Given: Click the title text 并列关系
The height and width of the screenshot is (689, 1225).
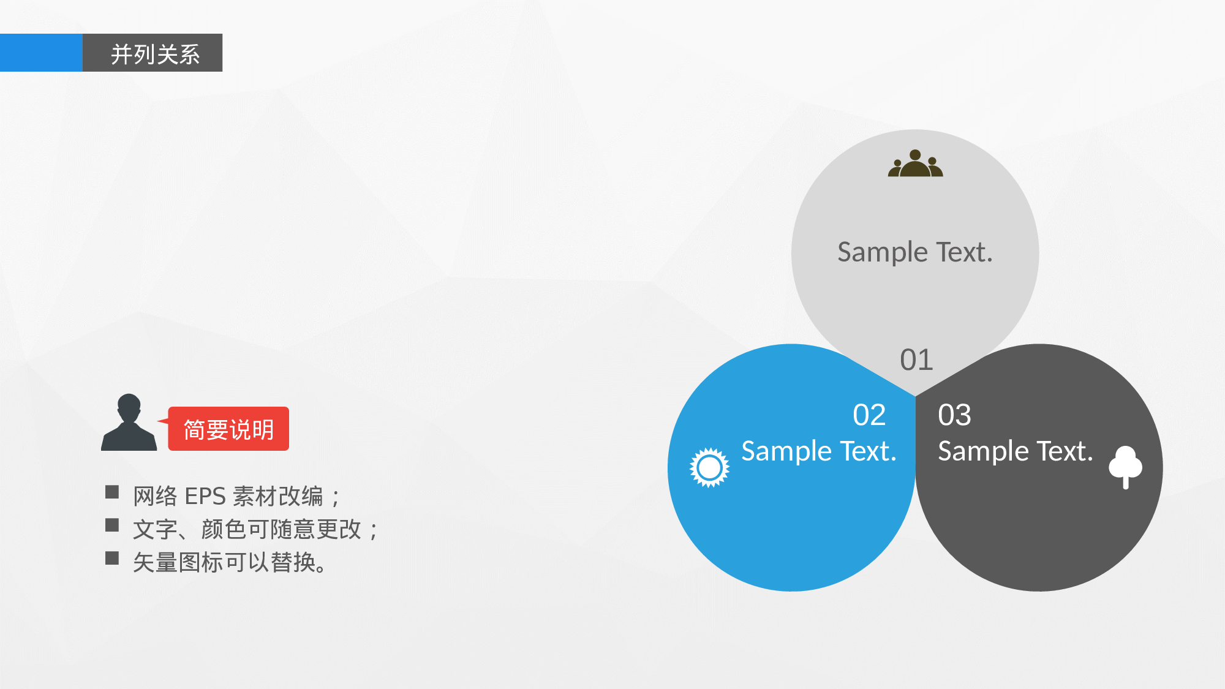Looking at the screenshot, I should coord(155,54).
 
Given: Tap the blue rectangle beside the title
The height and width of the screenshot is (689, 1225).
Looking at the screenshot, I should coord(41,53).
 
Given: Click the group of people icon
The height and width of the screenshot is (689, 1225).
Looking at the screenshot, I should coord(915,164).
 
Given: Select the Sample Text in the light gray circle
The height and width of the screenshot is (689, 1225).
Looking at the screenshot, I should coord(914,252).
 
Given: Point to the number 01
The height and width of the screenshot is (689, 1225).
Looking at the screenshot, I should coord(916,360).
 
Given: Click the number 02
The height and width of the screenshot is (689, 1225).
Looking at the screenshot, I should coord(869,415).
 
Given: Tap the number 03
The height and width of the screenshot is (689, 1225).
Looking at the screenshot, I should coord(954,415).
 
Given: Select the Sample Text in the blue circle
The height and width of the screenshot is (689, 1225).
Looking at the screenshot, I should coord(819,451).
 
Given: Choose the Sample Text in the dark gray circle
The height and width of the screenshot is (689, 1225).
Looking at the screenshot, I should coord(1015,451).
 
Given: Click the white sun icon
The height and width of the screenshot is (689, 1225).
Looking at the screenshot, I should coord(709,468).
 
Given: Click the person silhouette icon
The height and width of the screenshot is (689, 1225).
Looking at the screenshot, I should coord(129,423).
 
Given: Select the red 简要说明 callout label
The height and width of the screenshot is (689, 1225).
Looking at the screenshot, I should coord(228,429).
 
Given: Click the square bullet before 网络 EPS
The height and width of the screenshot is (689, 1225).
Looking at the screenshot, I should coord(112,492).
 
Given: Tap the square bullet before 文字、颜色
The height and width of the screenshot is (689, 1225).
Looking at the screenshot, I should coord(112,525).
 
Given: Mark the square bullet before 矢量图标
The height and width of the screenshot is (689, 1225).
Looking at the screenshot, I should coord(112,558).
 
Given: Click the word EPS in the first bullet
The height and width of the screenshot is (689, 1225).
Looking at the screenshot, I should coord(205,496).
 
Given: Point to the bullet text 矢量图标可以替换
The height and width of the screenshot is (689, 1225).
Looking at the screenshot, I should coord(230,562).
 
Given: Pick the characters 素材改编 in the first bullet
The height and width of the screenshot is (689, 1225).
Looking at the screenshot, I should coord(277,496).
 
